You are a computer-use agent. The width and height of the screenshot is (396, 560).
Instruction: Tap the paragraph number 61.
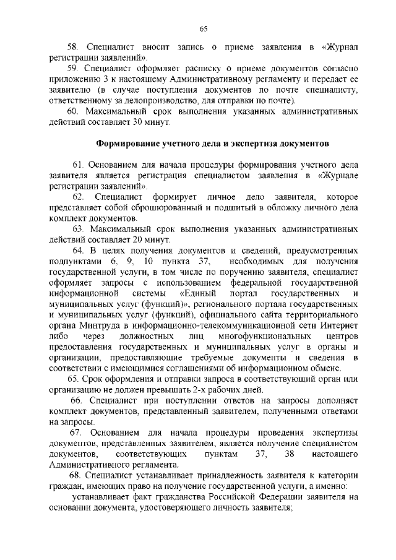[x=77, y=165]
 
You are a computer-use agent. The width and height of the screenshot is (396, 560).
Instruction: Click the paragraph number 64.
[x=77, y=251]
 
